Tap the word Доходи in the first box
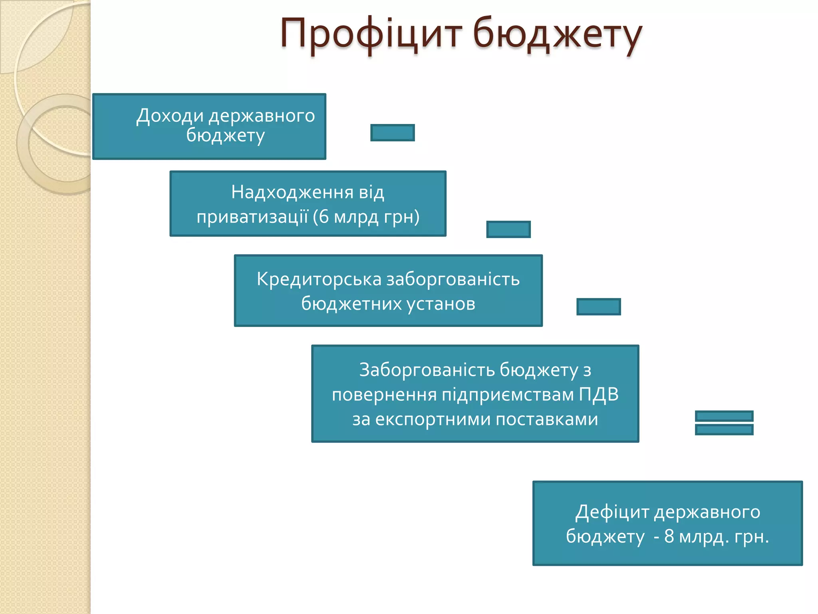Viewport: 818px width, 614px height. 170,116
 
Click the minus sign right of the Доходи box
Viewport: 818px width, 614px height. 393,133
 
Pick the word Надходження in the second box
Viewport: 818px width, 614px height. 292,192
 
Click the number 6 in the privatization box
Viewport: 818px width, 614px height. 324,217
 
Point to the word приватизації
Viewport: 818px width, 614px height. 252,217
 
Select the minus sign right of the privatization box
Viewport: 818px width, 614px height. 508,229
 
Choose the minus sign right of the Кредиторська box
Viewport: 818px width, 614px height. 599,307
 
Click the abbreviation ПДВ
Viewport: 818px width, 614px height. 599,395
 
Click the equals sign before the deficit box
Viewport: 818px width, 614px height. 724,423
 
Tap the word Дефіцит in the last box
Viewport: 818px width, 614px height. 612,512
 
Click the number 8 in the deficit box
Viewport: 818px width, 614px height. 669,536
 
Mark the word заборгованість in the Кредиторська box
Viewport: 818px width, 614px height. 453,279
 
